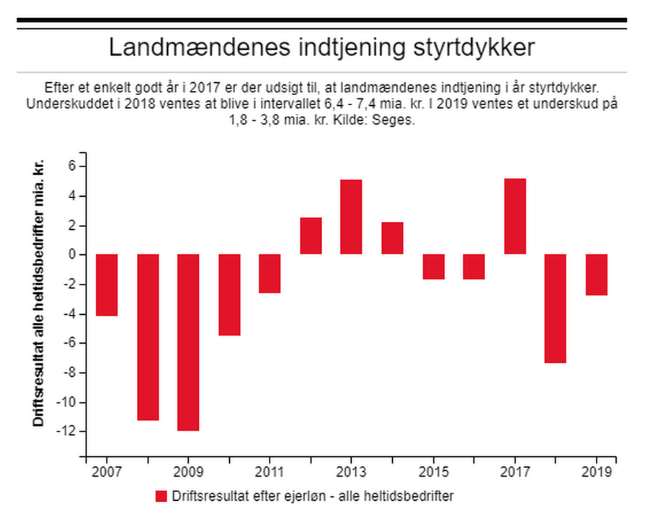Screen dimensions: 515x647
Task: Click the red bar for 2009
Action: coord(188,342)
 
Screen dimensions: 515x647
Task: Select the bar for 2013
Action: coord(351,217)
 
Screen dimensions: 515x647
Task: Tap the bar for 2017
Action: coord(515,216)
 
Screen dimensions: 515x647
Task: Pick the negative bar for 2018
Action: coord(555,308)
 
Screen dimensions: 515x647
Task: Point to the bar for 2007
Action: coord(106,285)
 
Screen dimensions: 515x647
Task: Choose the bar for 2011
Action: coord(270,274)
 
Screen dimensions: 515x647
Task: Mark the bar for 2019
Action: coord(596,275)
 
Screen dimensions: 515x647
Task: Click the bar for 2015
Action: coord(433,267)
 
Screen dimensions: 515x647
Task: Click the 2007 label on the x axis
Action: coord(106,471)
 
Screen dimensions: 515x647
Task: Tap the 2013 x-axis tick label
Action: coord(351,471)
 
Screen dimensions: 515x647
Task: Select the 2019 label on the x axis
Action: coord(596,471)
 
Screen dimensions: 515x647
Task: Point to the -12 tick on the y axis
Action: coord(70,431)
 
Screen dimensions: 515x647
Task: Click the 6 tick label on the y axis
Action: coord(74,166)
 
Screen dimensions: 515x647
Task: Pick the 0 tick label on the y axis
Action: coord(74,255)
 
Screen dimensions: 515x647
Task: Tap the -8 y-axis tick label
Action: coord(72,373)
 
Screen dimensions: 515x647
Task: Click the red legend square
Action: coord(161,497)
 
